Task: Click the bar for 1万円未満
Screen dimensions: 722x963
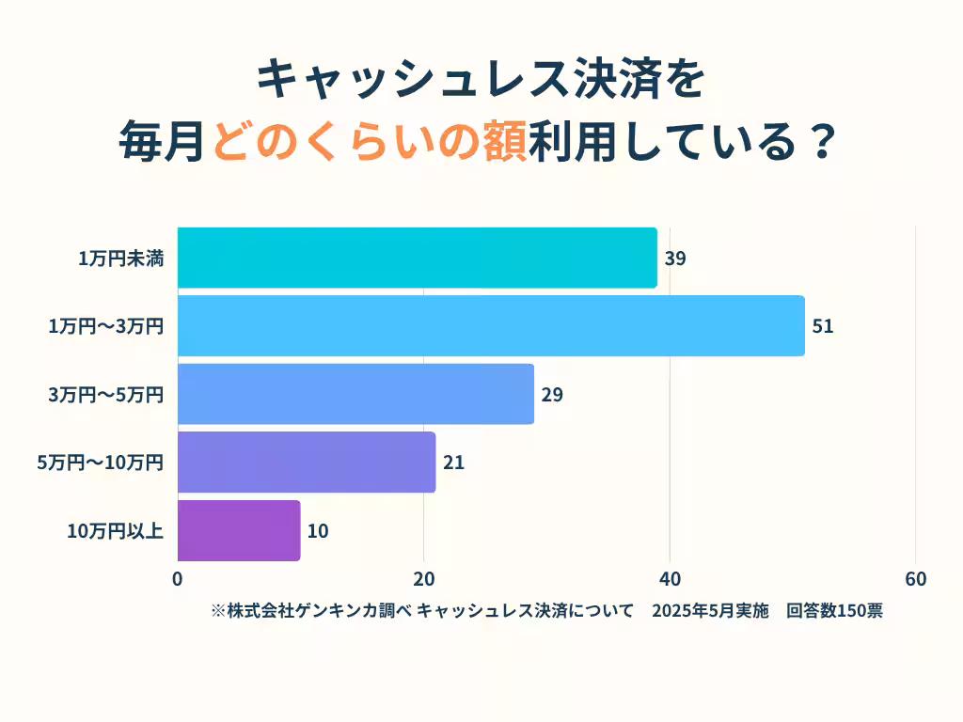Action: [x=417, y=258]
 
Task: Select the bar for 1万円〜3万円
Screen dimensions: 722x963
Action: [x=490, y=326]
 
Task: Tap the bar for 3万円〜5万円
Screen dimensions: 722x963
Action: [x=355, y=394]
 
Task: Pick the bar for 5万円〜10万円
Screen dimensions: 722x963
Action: [x=307, y=463]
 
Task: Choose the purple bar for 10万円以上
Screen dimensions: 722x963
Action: [x=239, y=530]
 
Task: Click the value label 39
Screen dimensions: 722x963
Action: [x=675, y=259]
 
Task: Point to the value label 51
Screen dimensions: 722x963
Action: [x=823, y=327]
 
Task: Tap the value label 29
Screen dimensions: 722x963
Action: [x=552, y=395]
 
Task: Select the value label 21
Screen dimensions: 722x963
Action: [x=454, y=463]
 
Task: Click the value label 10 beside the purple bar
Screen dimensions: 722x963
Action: [x=318, y=531]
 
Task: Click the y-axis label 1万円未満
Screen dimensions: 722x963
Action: [x=121, y=259]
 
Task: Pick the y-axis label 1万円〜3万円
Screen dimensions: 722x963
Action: [x=106, y=327]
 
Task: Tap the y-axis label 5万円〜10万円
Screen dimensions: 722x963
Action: [x=102, y=463]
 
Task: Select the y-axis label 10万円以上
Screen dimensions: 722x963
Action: [x=116, y=531]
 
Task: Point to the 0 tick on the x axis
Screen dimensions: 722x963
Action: [x=178, y=579]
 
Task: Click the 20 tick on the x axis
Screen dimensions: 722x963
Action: [x=424, y=579]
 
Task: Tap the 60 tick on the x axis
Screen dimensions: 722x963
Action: [x=915, y=579]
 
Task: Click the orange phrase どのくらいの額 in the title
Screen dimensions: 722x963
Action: [x=368, y=143]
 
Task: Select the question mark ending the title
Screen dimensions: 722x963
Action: [x=821, y=143]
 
